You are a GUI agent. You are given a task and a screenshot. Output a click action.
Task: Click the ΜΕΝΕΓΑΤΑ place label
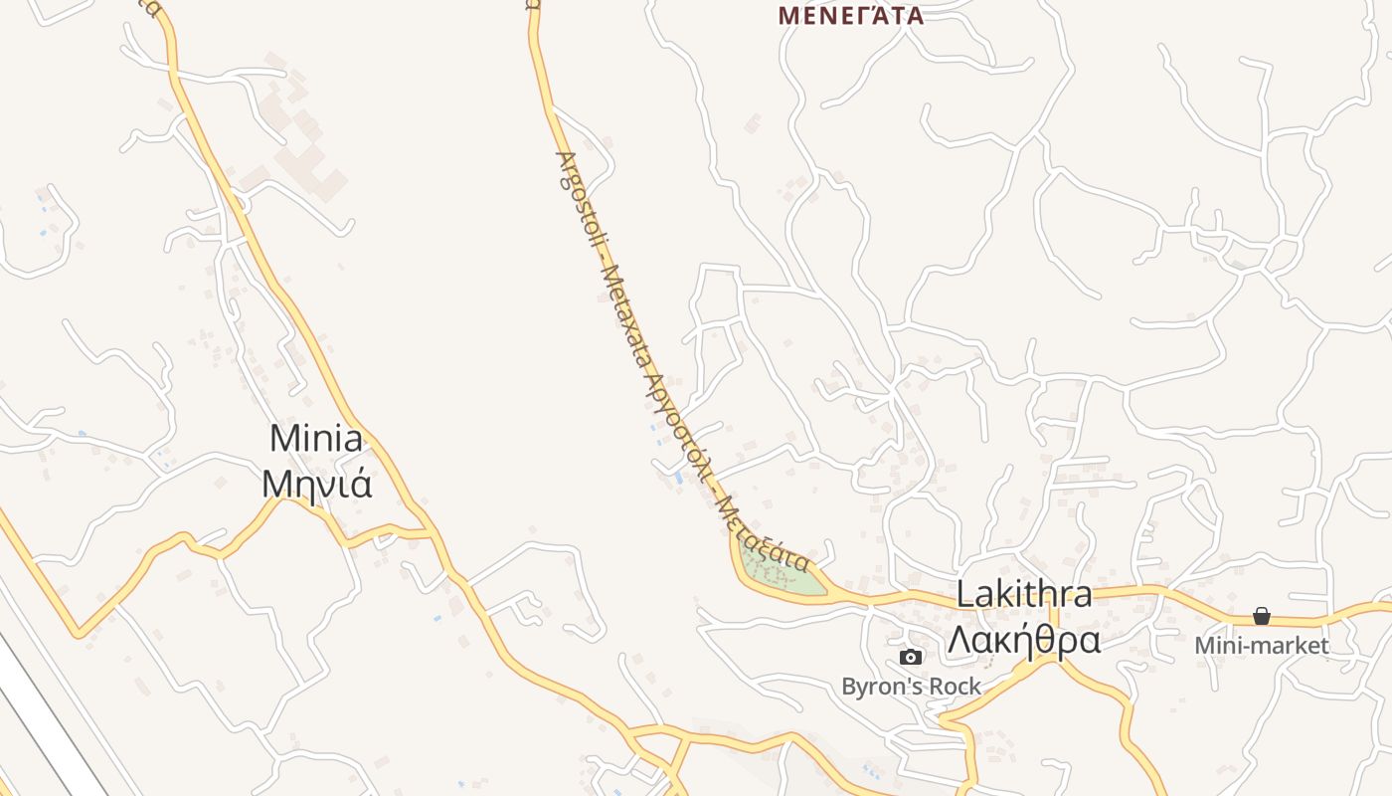pos(850,15)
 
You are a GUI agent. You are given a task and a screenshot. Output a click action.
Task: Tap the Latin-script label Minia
pos(316,438)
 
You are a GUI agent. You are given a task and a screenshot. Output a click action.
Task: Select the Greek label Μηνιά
pos(316,483)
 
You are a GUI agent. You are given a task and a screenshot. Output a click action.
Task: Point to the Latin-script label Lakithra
pos(1024,594)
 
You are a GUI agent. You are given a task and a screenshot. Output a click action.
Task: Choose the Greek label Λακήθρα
pos(1024,640)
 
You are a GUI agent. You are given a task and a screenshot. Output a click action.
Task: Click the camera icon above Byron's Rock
pos(910,657)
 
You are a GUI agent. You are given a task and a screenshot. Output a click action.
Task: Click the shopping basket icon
pos(1261,617)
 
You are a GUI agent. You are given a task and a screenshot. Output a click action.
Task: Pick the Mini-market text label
pos(1261,646)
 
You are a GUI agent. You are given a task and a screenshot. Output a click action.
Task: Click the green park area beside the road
pos(781,572)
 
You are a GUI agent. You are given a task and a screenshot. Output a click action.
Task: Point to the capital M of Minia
pos(283,438)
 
